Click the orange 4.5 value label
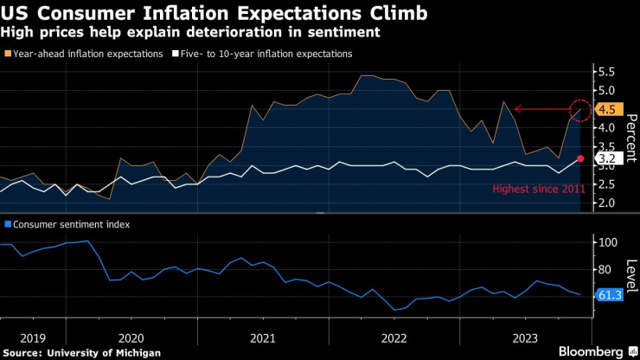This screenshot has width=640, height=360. tap(606, 110)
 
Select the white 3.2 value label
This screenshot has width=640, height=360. tap(606, 158)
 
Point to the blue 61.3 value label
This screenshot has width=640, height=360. tap(609, 296)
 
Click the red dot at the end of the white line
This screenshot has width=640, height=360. tap(581, 158)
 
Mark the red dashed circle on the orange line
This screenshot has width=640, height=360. tap(581, 109)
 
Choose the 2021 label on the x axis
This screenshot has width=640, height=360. tap(262, 338)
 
